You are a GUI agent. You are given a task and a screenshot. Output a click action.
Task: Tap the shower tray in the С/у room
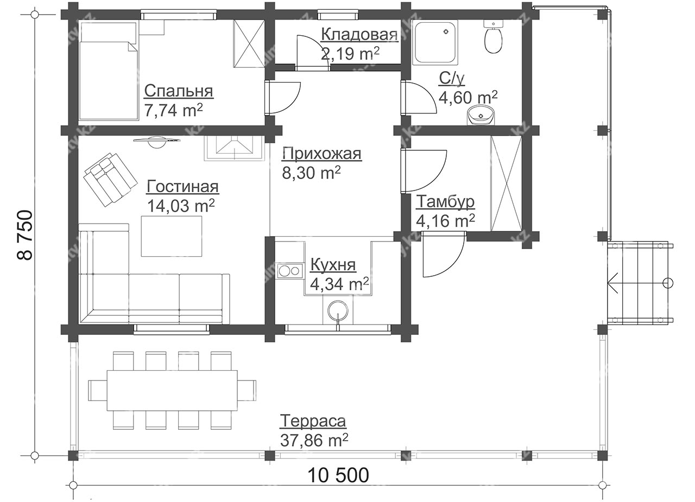point(435,42)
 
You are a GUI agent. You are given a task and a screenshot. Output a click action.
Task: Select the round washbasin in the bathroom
point(481,115)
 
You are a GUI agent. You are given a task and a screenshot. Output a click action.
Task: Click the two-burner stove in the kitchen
point(290,271)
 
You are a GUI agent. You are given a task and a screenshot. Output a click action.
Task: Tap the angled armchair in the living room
point(110,179)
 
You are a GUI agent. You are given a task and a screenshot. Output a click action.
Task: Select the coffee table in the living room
point(171,236)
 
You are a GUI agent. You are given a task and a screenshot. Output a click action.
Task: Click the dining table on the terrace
point(172,390)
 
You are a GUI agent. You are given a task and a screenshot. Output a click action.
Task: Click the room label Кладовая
point(359,34)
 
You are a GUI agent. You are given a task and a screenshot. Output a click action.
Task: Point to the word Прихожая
point(322,154)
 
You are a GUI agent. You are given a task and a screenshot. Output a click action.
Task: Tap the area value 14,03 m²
point(181,205)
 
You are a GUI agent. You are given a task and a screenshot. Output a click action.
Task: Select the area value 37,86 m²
point(314,440)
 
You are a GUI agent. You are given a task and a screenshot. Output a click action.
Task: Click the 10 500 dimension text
point(338,475)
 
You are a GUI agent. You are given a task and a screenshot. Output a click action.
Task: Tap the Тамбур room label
point(445,201)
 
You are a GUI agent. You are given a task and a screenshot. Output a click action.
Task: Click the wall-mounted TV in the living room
point(157,142)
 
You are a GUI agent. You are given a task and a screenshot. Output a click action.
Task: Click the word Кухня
point(333,265)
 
